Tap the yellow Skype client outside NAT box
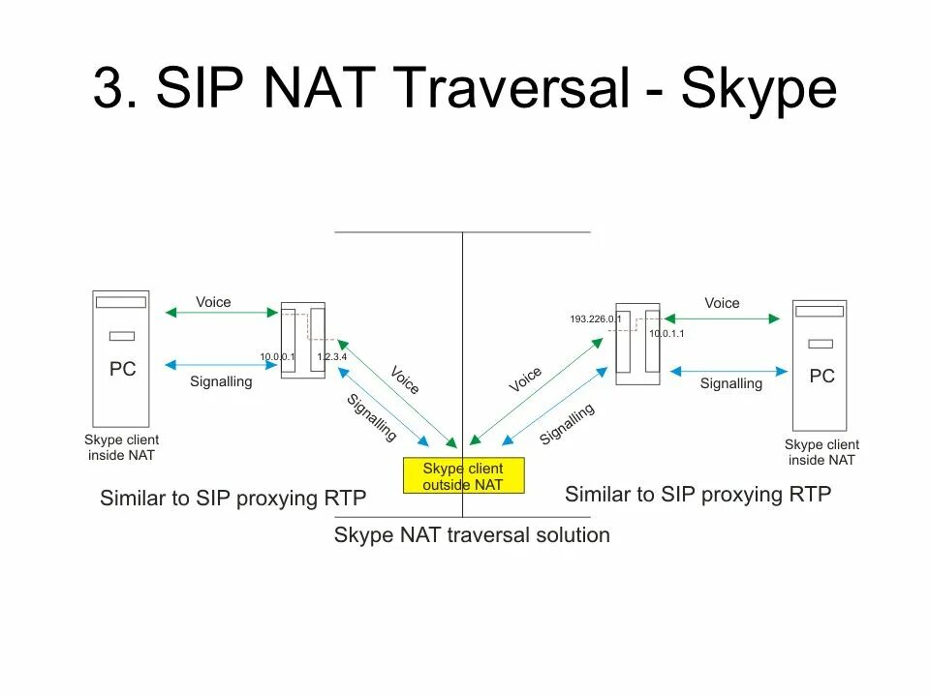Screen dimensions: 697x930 (x=463, y=475)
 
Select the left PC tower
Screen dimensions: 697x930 (x=121, y=358)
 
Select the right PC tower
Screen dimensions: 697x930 (x=820, y=365)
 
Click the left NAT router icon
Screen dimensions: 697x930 (x=302, y=341)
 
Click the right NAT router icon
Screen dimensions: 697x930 (x=637, y=344)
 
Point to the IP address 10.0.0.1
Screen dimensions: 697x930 (x=276, y=357)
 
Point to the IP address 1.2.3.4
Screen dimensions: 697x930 (x=332, y=357)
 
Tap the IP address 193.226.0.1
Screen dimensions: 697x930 (x=595, y=318)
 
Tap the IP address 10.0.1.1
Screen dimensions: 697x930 (x=666, y=333)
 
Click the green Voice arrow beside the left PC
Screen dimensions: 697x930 (x=222, y=313)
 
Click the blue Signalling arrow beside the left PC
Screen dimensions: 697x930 (x=222, y=365)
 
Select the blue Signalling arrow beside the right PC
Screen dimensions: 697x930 (x=728, y=369)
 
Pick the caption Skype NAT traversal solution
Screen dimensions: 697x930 (x=472, y=534)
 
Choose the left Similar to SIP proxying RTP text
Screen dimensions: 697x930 (x=232, y=499)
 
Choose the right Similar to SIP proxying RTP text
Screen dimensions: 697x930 (x=697, y=495)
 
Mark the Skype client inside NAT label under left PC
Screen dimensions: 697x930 (x=121, y=447)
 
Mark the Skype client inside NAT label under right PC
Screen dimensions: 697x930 (x=821, y=452)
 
